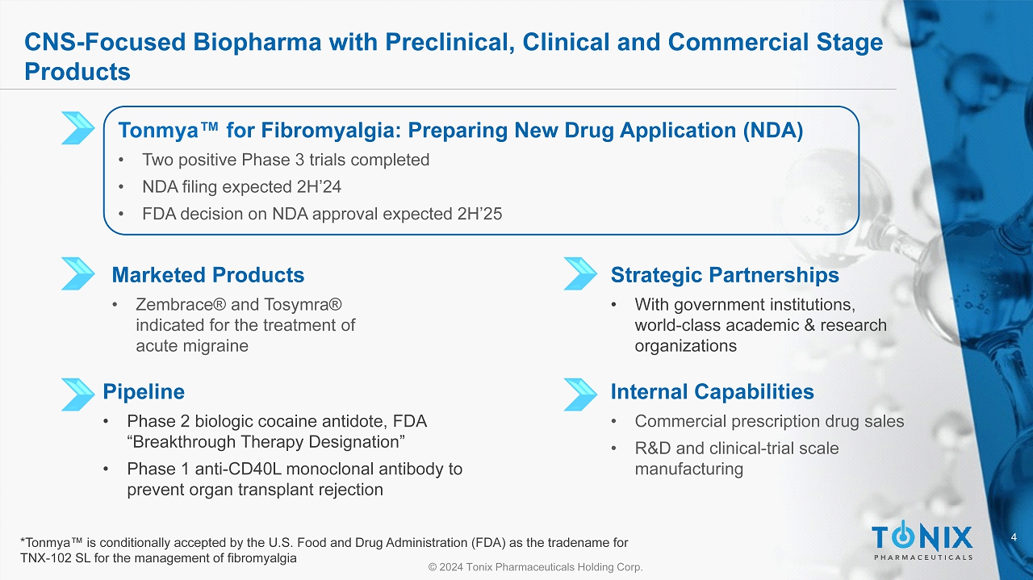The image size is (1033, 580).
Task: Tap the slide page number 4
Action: click(1014, 537)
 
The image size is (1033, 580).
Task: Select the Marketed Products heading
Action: click(208, 275)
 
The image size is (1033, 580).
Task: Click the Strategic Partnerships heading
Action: click(725, 275)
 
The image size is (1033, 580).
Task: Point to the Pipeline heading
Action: click(144, 391)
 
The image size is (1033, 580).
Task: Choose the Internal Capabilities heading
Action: click(712, 391)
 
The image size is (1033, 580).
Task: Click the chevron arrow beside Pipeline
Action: click(78, 394)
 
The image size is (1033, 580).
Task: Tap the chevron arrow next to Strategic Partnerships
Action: click(580, 273)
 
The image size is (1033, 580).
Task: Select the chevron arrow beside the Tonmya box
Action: click(78, 127)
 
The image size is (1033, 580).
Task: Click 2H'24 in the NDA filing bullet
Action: click(319, 186)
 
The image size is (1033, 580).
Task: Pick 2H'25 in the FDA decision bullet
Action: click(479, 214)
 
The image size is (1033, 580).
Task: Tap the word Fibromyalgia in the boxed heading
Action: click(331, 130)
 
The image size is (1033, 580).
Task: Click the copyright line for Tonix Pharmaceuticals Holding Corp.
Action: click(535, 566)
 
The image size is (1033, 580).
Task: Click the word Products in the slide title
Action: click(77, 72)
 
